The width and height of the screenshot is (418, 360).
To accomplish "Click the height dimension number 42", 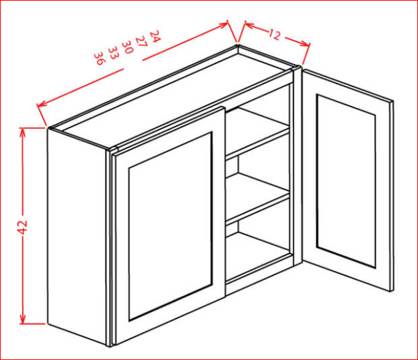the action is [23, 227].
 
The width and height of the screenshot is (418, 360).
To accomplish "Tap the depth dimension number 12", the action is [274, 34].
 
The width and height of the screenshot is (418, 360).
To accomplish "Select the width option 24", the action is [155, 36].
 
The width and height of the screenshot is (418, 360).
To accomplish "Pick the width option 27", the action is [141, 41].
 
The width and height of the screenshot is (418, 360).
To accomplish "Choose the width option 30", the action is [127, 47].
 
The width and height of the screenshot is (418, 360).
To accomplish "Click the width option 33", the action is [114, 53].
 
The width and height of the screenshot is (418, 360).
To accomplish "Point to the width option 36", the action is [100, 58].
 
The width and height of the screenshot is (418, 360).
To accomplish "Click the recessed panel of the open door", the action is [346, 180].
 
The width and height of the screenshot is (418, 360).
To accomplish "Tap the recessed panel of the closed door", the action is [170, 226].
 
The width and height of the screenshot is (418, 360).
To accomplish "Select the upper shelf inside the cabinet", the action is [257, 133].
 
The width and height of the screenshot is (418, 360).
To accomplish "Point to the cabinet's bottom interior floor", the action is [257, 257].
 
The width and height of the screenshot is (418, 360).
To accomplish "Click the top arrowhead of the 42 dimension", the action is [23, 132].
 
